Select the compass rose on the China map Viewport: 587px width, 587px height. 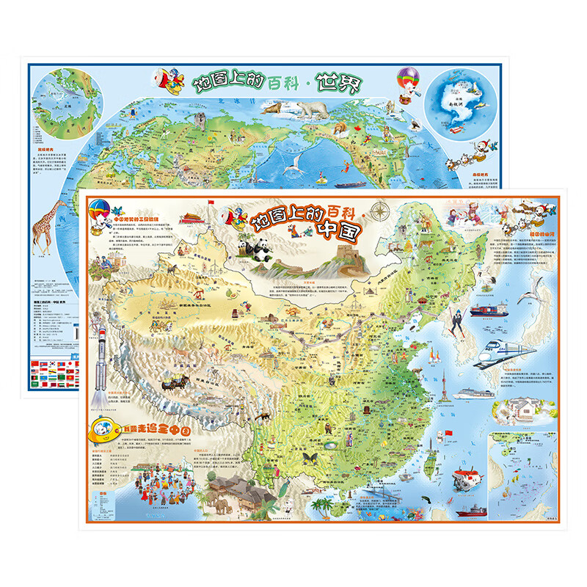(x=380, y=212)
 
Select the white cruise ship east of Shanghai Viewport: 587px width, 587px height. (x=475, y=393)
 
